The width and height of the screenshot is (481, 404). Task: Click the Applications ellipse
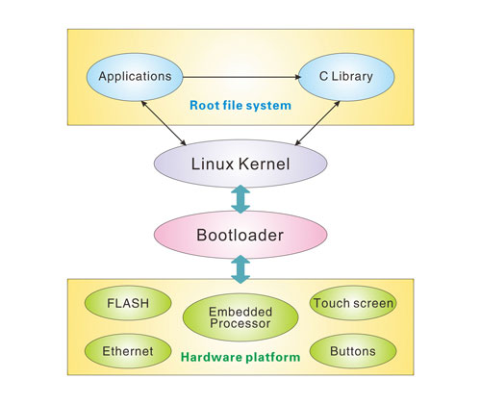135,77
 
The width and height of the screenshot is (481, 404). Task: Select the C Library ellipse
346,77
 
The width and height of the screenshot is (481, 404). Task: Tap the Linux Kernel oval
240,164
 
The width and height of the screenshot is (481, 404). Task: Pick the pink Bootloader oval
240,235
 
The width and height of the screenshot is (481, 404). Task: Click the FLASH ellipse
128,303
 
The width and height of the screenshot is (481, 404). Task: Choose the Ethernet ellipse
128,351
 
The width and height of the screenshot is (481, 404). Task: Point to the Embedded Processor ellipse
240,317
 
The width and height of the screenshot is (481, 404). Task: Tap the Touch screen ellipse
353,303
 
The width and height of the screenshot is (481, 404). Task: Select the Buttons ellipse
353,351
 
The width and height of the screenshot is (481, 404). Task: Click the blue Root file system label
240,106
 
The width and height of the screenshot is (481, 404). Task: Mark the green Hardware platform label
240,357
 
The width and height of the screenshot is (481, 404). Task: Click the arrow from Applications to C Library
242,77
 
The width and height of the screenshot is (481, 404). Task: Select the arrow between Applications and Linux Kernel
164,123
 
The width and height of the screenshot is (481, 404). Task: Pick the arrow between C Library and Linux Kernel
317,123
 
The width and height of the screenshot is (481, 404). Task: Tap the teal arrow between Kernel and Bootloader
240,199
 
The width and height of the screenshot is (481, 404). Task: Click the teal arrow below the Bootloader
240,269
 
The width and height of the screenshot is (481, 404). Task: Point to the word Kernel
265,164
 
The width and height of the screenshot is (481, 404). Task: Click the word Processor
240,323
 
